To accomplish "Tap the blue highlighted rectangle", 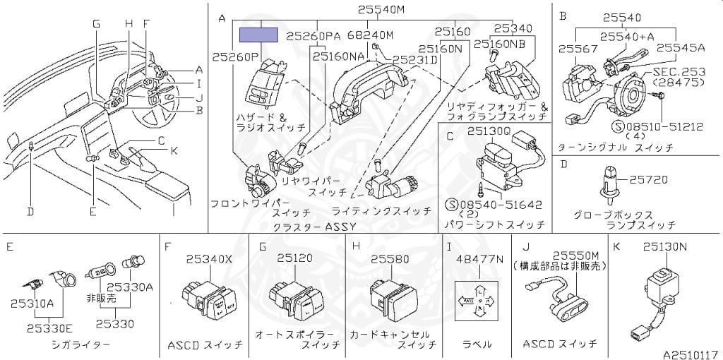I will click(260, 35).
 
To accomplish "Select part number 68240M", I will click(370, 35).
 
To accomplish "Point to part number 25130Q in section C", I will click(488, 131).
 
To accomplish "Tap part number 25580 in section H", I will click(390, 259).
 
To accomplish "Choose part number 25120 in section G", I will click(294, 258).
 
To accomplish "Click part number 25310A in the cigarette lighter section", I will click(32, 303).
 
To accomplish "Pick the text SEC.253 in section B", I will click(679, 71).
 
